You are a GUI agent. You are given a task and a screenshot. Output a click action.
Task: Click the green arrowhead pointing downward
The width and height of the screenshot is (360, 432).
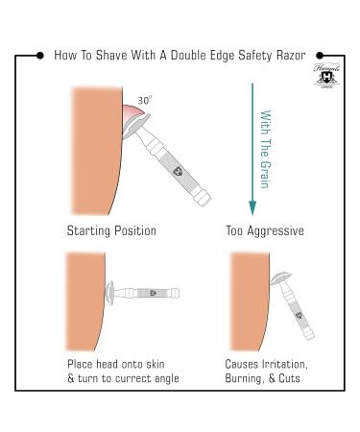pos(252,208)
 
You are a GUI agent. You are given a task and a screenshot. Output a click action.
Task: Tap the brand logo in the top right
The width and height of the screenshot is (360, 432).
pos(324,78)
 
